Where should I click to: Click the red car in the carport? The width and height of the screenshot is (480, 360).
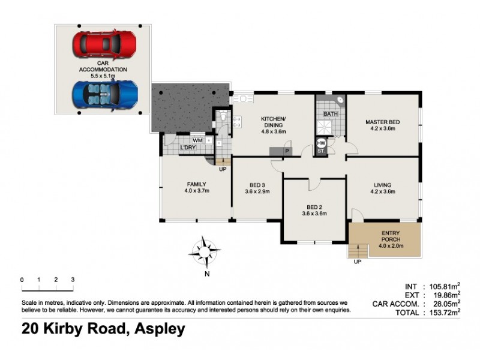tap(104, 43)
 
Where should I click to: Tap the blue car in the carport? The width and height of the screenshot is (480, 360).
tap(106, 94)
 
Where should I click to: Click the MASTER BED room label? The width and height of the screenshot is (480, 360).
tap(383, 125)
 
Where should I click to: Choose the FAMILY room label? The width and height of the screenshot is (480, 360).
tap(196, 187)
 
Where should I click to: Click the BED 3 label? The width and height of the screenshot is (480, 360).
tap(257, 188)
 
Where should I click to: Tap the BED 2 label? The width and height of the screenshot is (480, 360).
tap(313, 209)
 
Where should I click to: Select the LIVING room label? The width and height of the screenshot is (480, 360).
tap(383, 188)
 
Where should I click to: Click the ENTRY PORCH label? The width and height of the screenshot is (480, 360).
tap(393, 239)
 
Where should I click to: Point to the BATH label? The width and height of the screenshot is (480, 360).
tap(331, 114)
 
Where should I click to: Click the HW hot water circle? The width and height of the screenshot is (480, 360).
tap(321, 143)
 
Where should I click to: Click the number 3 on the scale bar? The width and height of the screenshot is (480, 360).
tap(73, 280)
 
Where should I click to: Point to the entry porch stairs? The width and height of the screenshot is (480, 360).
tap(358, 249)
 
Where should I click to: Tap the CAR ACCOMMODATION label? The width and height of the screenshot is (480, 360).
tap(103, 66)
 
